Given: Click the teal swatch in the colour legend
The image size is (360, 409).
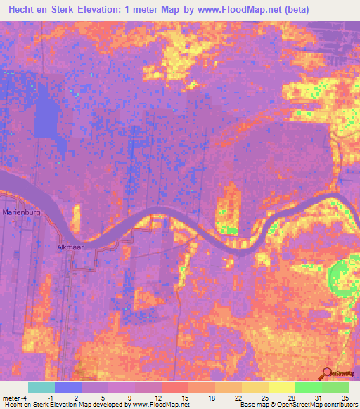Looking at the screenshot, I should click(41, 387).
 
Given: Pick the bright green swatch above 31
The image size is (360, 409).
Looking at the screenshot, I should click(309, 387).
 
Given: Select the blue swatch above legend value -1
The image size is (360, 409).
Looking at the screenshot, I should click(68, 387).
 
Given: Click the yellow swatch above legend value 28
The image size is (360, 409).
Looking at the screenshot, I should click(282, 387).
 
